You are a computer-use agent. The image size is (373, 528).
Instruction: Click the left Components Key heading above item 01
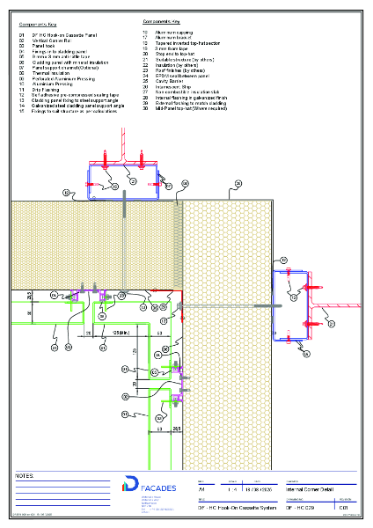(x=37, y=26)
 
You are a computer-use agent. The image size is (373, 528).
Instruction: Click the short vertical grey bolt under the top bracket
(x=125, y=206)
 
